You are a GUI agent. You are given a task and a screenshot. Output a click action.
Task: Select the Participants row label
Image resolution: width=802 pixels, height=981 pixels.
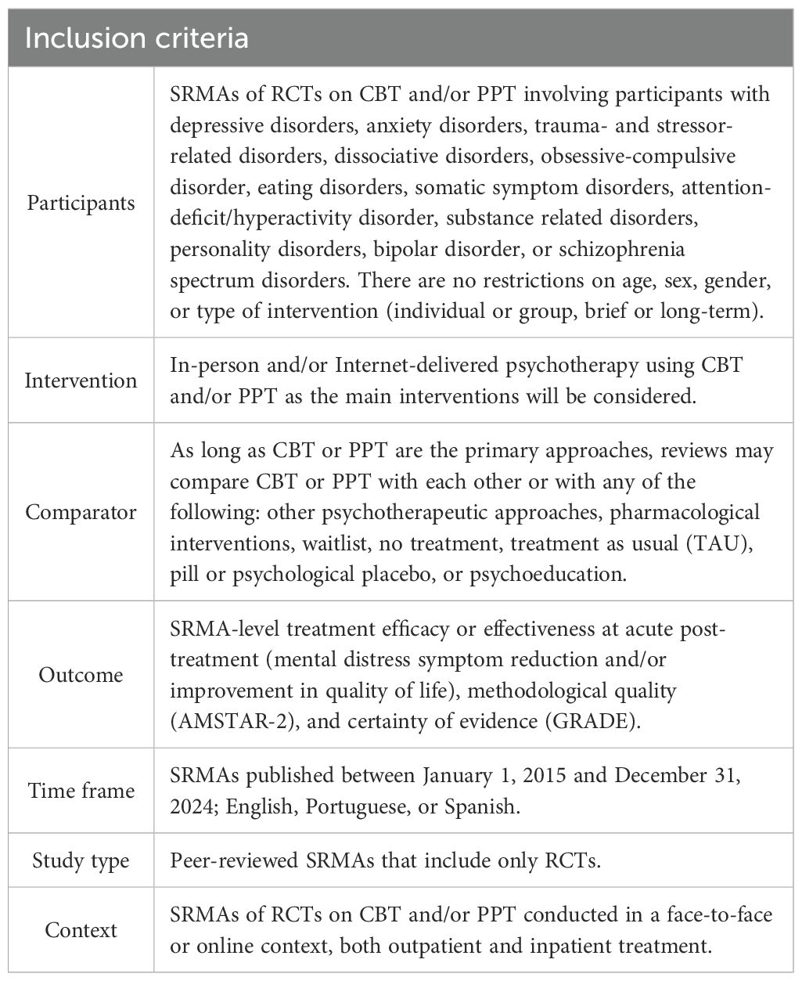(x=81, y=203)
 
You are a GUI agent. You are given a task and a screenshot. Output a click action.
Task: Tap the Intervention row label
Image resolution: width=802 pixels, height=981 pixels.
(x=81, y=380)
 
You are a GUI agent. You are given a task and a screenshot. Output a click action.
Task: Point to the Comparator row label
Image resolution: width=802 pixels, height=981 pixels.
(x=81, y=512)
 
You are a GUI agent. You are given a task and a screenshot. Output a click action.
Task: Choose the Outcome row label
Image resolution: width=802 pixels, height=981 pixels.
(x=81, y=674)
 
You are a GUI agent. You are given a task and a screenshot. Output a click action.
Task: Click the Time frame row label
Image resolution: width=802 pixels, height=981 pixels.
(x=81, y=790)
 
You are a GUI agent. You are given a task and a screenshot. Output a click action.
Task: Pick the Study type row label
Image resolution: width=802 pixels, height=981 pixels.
(x=81, y=860)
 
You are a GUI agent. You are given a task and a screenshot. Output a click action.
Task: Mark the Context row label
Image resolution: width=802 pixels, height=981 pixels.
(x=81, y=930)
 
